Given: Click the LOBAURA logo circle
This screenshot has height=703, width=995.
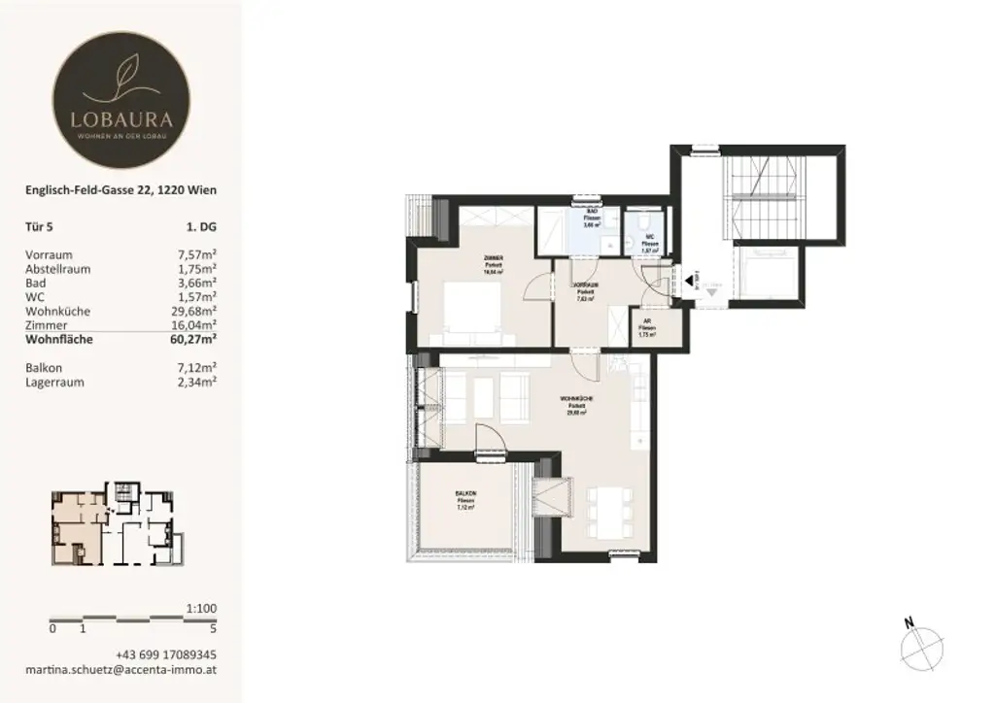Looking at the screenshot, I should pos(120,101).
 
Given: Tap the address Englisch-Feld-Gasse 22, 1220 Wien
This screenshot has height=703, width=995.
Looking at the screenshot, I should pos(120,190).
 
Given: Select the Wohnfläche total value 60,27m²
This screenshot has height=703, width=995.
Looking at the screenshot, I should pos(192,339).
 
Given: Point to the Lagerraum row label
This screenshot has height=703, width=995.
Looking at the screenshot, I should pos(54,382).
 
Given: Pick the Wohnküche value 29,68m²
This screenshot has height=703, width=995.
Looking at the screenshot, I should pos(192,311).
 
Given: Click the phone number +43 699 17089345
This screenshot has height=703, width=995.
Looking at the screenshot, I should pos(165,654).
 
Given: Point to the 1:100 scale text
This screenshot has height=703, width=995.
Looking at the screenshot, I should pos(200,609).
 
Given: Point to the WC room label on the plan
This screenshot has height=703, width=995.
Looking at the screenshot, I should pos(646,234).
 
